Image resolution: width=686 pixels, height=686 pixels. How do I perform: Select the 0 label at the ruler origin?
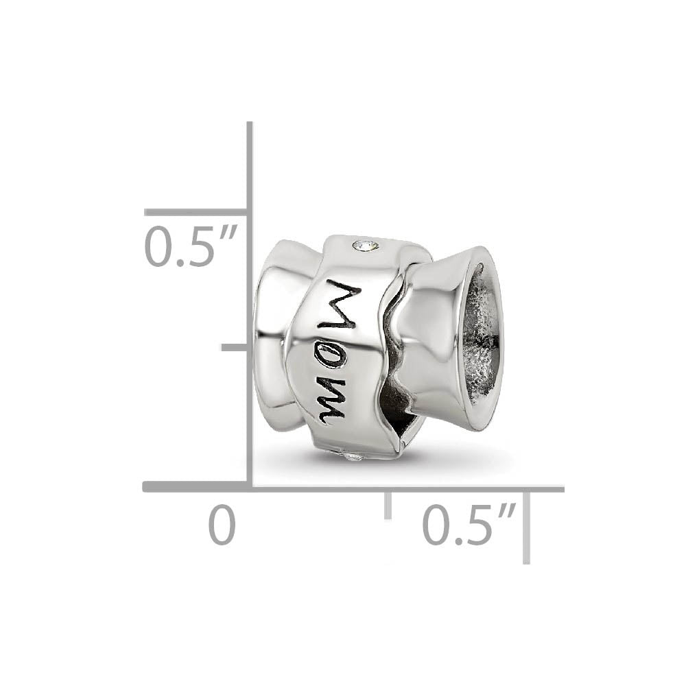[x=222, y=526]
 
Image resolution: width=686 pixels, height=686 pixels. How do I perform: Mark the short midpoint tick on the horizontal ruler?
[x=388, y=504]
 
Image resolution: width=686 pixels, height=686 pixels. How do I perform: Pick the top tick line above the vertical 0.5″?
[x=196, y=213]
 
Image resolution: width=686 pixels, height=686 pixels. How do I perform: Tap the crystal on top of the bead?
[x=364, y=244]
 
